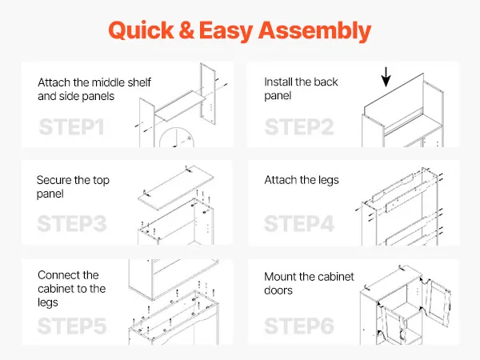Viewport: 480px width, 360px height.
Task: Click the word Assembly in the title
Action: pos(314,31)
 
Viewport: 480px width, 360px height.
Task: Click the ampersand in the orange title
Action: pos(186,30)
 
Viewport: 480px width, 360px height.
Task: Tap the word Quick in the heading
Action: pos(141,30)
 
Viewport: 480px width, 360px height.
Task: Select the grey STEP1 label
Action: pos(72,127)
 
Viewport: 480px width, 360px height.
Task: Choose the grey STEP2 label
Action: pos(299,127)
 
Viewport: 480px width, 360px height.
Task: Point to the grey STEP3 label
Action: pos(72,224)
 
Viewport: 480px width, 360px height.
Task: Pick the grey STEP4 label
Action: pos(299,224)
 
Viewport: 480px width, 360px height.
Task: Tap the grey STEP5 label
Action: pos(72,326)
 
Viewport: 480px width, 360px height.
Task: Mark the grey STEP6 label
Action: pos(299,326)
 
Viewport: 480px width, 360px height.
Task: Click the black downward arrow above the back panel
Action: pos(386,77)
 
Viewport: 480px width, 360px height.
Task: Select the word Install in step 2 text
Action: pos(278,82)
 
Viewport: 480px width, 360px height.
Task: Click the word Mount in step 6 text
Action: pos(280,277)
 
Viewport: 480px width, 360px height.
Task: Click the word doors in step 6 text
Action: pos(278,290)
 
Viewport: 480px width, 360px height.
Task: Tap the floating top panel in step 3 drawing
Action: pos(175,190)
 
